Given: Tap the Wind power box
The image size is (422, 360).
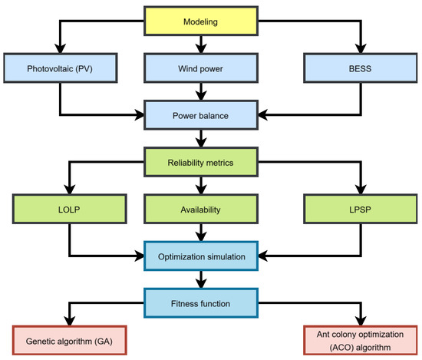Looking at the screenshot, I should (x=200, y=68).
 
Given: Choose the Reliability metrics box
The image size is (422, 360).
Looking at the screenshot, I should (x=200, y=161).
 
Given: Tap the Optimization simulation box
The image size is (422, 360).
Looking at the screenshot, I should (x=200, y=255).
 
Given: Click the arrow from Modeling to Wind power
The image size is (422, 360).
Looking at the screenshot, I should (x=200, y=45).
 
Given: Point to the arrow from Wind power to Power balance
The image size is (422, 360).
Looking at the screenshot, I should (x=200, y=93).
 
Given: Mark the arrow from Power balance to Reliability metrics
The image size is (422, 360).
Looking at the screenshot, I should (x=200, y=140).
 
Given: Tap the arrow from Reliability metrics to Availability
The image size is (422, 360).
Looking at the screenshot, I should (x=200, y=185).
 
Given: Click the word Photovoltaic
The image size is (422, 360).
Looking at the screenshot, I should (x=49, y=68).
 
